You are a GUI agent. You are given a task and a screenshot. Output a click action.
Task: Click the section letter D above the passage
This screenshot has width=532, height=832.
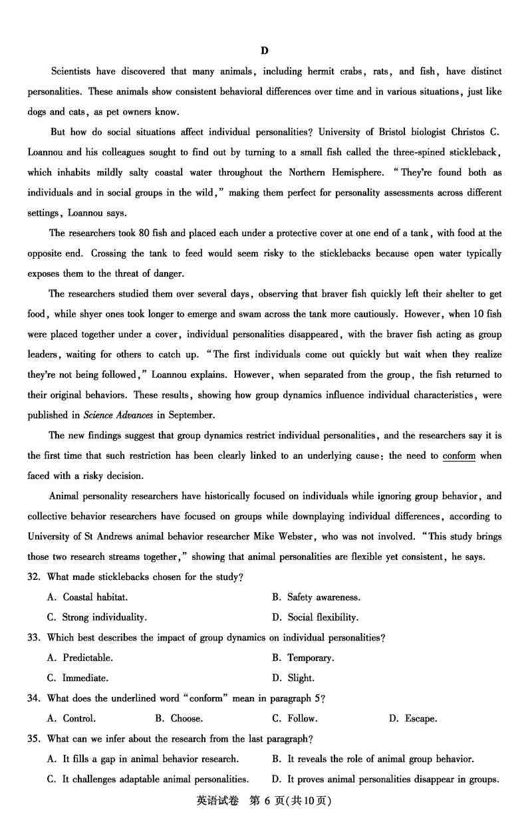(265, 51)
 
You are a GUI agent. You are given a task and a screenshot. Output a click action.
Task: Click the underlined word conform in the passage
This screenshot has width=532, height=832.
(459, 456)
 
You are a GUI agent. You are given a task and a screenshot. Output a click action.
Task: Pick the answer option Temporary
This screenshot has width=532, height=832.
(310, 658)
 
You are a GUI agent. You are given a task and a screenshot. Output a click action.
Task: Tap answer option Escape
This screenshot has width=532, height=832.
(420, 718)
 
